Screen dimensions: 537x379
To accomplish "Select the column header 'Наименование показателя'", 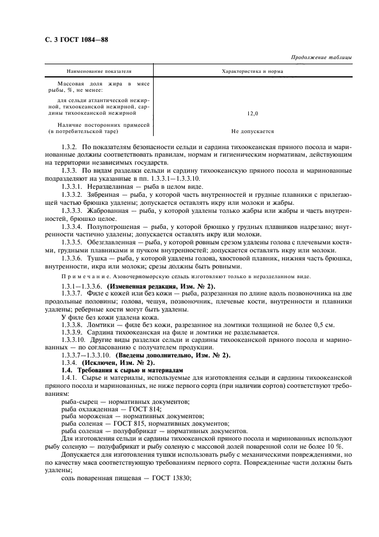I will pyautogui.click(x=99, y=72).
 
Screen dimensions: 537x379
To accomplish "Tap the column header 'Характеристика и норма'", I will pyautogui.click(x=252, y=72).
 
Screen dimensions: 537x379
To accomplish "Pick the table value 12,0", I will pyautogui.click(x=252, y=114).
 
